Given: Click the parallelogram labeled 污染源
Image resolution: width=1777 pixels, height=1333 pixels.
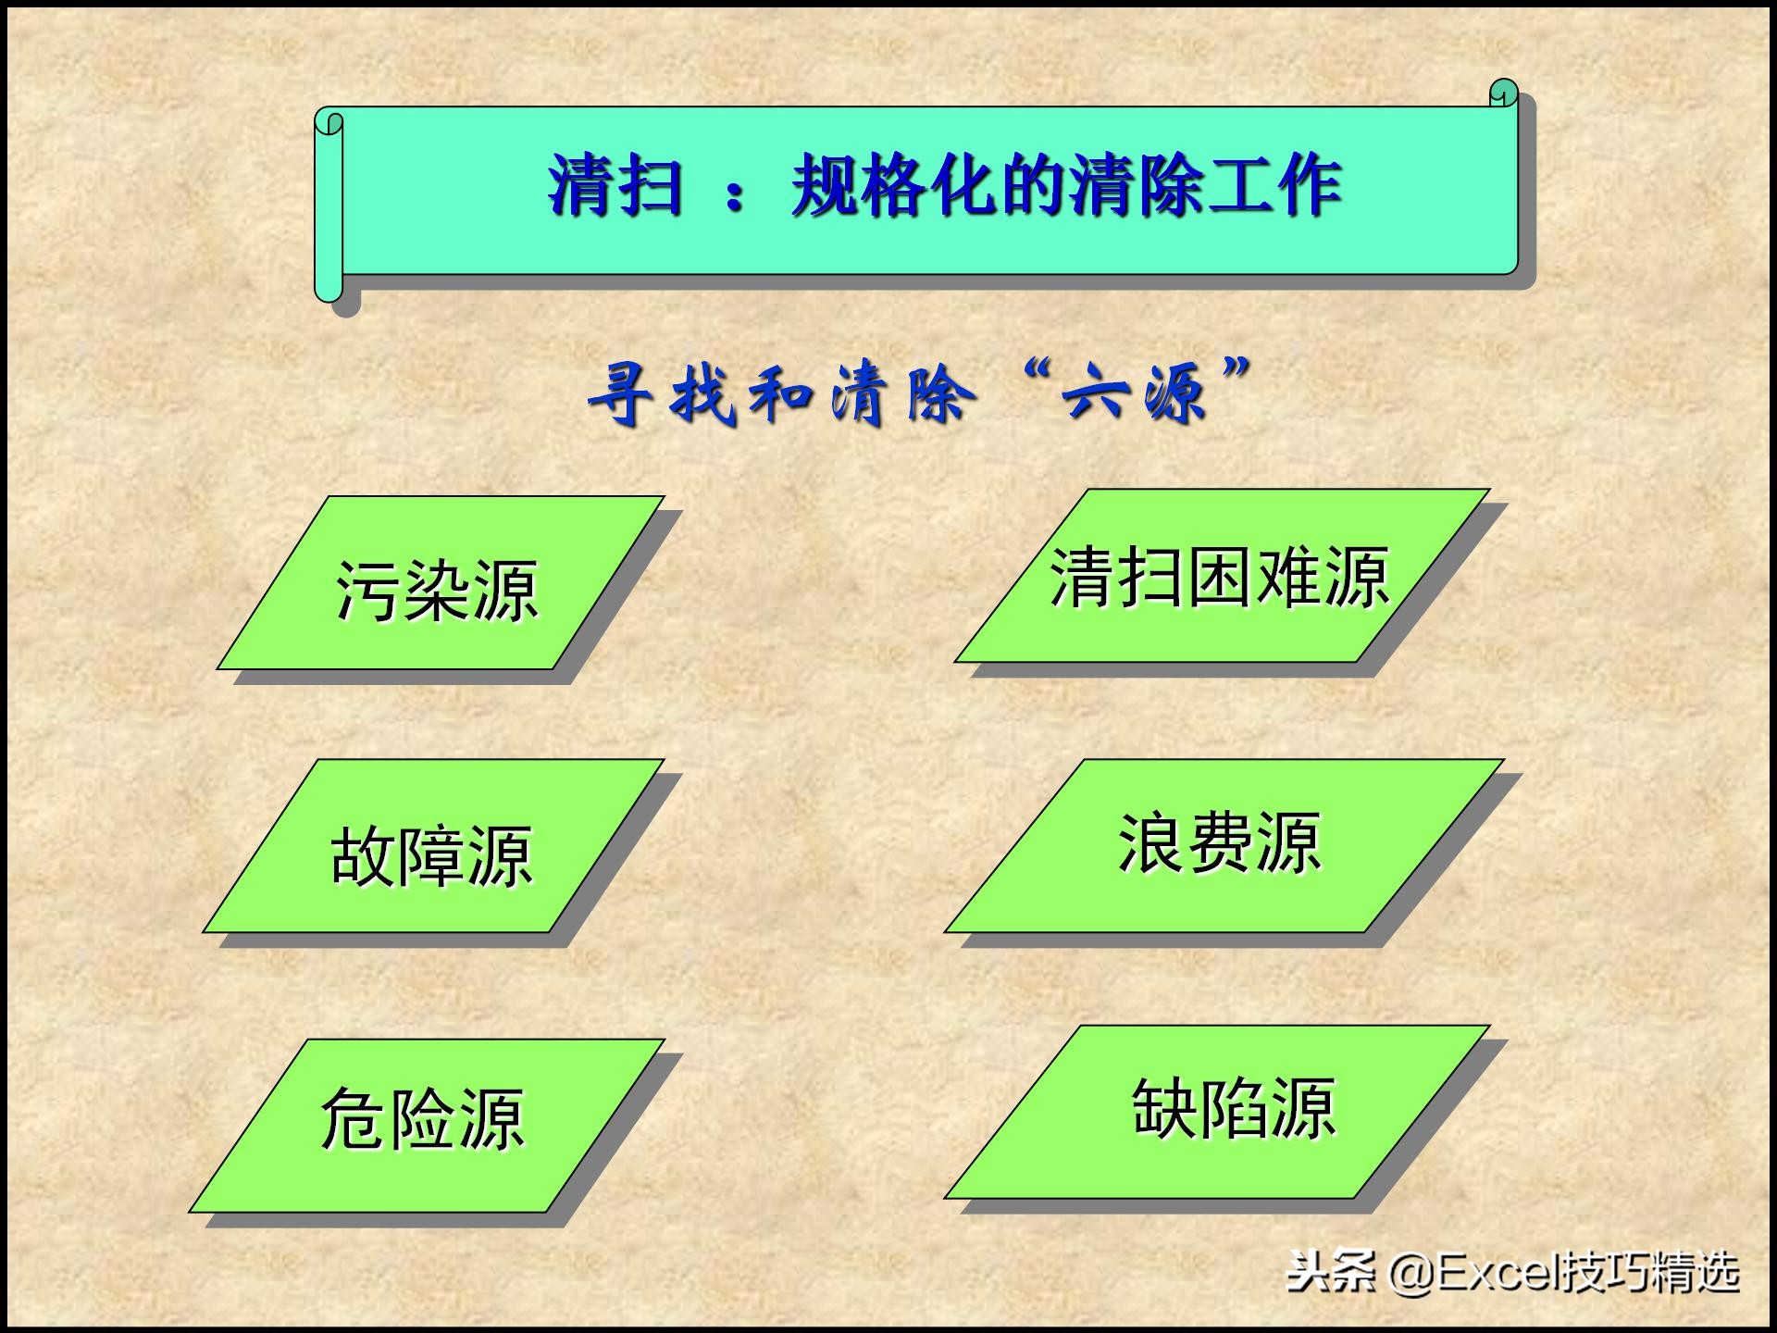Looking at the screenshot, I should (440, 583).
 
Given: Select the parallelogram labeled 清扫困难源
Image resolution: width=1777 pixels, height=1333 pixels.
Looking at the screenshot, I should (1220, 576).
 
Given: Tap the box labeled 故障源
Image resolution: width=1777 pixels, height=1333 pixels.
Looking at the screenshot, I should (432, 846).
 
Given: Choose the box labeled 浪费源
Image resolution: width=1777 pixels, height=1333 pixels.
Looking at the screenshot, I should (1222, 844).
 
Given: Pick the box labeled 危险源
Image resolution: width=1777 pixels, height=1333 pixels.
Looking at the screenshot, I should (426, 1124).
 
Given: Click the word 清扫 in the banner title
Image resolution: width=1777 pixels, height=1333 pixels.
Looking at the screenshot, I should (615, 186).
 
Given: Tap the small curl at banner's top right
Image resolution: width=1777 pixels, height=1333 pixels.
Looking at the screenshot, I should (1503, 93).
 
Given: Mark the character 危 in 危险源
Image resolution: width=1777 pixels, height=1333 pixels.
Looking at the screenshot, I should (353, 1118).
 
